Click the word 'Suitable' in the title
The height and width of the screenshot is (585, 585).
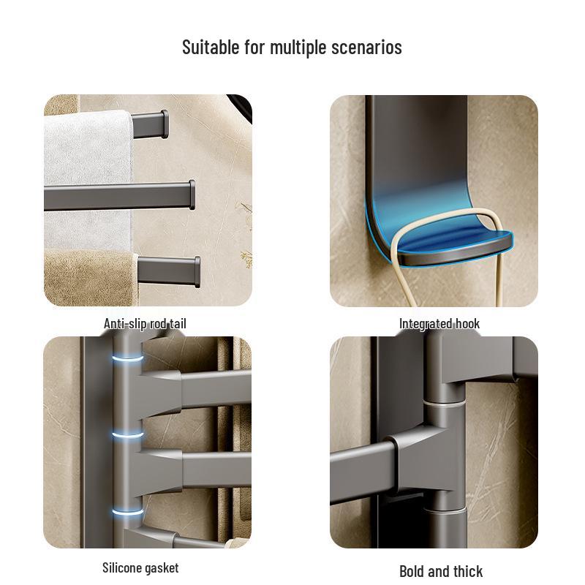(209, 48)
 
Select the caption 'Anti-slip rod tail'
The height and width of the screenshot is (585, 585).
(150, 323)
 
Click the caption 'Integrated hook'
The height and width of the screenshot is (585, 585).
(439, 323)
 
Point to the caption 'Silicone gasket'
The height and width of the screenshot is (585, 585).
(140, 567)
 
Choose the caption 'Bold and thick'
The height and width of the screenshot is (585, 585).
(441, 571)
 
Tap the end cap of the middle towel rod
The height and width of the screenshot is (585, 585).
(191, 195)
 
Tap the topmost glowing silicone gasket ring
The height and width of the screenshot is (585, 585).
(127, 360)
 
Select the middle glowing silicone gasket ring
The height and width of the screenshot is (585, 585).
(128, 436)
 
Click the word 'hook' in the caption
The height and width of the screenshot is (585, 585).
(467, 323)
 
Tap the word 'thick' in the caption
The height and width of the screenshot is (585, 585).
(467, 571)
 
